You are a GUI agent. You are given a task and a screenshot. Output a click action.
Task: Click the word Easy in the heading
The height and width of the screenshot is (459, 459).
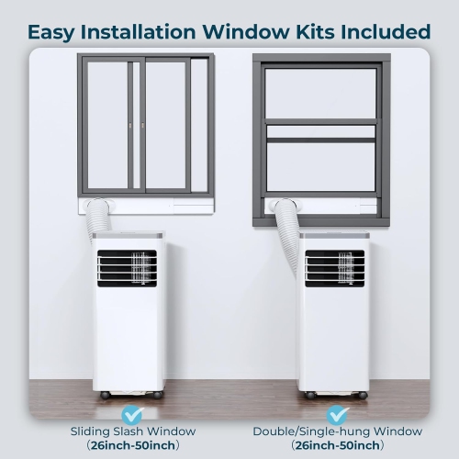[50, 32]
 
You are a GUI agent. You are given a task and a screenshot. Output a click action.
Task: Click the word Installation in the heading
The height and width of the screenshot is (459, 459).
[138, 31]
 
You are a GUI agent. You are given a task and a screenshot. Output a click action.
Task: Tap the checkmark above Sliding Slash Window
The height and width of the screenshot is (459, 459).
[132, 415]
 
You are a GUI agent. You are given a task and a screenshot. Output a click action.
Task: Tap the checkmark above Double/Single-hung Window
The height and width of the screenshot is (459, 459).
[338, 415]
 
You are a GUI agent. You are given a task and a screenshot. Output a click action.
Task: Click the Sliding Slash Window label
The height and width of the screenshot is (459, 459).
[133, 431]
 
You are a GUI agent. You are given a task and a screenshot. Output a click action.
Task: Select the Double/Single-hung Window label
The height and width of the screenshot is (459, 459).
[338, 431]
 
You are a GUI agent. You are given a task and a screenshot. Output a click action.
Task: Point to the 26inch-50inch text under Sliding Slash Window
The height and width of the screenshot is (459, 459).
[133, 445]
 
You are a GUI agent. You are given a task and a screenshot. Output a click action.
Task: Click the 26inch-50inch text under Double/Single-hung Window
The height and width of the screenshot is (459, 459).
[338, 445]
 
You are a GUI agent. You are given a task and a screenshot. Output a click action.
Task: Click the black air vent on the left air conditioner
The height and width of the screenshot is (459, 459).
[127, 268]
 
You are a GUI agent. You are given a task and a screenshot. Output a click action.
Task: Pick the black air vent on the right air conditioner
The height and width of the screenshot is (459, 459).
[335, 268]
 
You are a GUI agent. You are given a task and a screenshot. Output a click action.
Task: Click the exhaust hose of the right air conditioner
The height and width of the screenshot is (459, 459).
[287, 232]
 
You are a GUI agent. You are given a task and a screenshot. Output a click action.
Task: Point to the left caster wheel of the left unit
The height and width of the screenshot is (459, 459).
[105, 395]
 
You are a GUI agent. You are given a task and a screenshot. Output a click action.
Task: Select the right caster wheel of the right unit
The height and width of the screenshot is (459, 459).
[363, 395]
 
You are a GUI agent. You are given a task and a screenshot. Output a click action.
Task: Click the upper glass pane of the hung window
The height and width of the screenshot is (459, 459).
[320, 94]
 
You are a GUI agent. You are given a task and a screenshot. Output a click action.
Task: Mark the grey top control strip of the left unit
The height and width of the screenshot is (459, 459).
[128, 236]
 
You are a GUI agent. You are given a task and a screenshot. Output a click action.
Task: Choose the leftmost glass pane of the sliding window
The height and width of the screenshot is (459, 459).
[107, 126]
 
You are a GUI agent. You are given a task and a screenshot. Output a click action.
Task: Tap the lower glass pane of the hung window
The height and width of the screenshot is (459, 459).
[320, 167]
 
